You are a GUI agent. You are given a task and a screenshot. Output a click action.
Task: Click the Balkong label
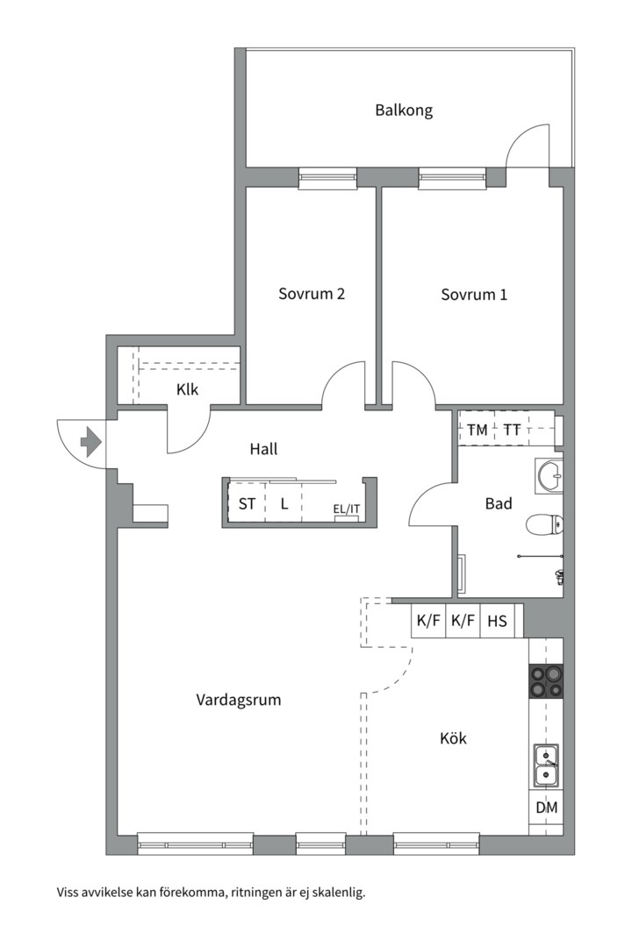point(404,110)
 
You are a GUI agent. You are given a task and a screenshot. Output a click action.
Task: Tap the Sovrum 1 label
point(473,295)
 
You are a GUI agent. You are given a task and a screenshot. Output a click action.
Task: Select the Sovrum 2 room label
point(312,294)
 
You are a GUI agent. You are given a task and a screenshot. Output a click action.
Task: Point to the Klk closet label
point(188,389)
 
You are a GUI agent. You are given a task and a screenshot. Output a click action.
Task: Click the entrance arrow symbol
point(90,441)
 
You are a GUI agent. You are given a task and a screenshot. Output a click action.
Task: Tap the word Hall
point(263,449)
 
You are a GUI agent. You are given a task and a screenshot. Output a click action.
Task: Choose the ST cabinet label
point(247,503)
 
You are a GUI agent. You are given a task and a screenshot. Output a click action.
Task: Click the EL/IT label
point(347,509)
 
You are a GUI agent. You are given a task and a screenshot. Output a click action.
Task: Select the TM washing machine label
point(478,430)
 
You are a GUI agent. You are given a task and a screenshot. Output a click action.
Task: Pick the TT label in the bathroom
point(512,430)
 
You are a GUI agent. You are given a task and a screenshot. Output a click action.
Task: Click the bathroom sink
point(549,475)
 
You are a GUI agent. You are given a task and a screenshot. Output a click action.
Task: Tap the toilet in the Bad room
point(544,524)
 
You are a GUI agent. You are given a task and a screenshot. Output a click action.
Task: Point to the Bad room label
point(499,503)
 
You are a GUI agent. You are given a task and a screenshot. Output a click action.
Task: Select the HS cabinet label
point(497,621)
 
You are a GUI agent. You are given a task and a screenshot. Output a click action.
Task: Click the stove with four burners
point(546,681)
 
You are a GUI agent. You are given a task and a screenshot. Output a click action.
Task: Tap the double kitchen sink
point(545,765)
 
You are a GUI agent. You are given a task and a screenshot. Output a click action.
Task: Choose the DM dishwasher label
point(547,808)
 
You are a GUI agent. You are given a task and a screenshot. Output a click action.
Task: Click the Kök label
point(453,738)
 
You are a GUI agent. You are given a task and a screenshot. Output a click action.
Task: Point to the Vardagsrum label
point(238,700)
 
